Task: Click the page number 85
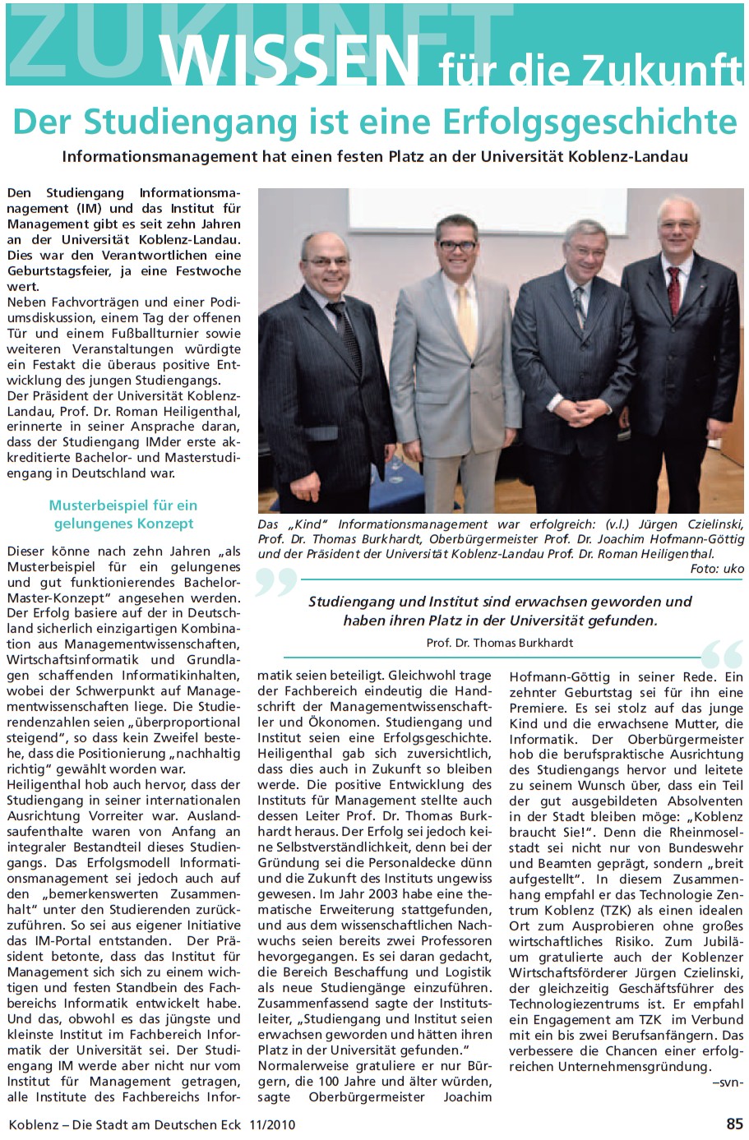(x=734, y=1124)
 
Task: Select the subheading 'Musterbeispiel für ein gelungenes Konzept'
(x=123, y=515)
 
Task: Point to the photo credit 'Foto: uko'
(x=717, y=569)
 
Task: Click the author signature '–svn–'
(x=728, y=1082)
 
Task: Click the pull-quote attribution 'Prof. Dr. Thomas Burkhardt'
(x=500, y=643)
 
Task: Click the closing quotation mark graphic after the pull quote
(x=723, y=654)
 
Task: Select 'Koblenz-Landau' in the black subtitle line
(x=638, y=155)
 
